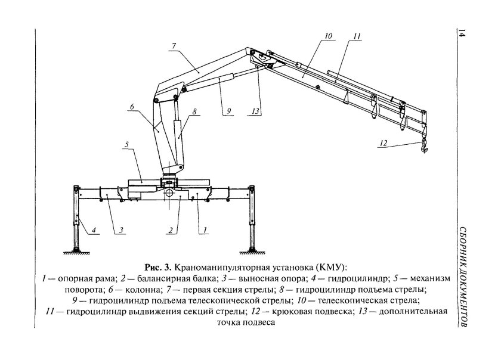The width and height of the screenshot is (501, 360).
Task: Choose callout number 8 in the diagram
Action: point(195,111)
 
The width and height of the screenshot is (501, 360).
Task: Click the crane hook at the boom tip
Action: point(425,146)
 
